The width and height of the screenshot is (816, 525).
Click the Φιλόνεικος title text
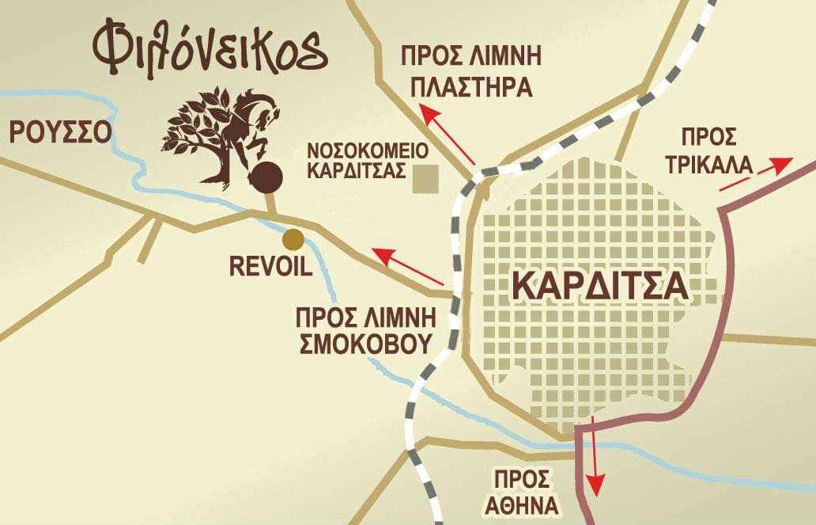click(x=210, y=49)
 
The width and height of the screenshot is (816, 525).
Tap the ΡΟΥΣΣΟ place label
click(x=60, y=131)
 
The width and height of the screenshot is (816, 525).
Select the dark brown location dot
click(x=266, y=177)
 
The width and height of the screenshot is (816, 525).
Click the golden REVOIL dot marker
click(x=293, y=238)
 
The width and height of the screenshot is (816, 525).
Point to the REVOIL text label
click(x=271, y=265)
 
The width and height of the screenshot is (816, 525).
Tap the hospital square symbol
click(x=428, y=179)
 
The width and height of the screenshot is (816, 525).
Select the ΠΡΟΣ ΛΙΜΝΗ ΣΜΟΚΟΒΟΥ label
click(x=366, y=330)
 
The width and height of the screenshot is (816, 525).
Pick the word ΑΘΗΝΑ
click(x=526, y=505)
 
